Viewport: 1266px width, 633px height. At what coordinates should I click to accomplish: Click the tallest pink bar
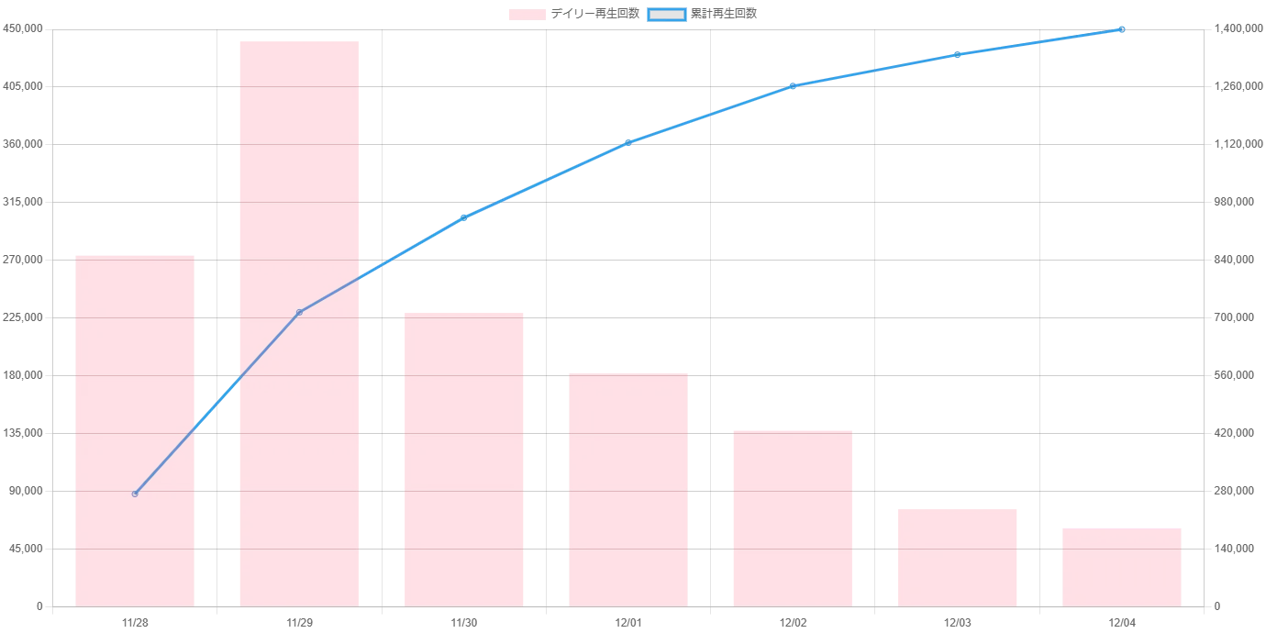pyautogui.click(x=297, y=321)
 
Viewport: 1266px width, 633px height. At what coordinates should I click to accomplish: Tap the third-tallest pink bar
pyautogui.click(x=465, y=459)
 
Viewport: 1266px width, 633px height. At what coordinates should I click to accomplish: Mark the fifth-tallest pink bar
pyautogui.click(x=793, y=517)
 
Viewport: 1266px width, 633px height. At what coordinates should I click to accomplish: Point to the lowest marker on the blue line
pyautogui.click(x=135, y=494)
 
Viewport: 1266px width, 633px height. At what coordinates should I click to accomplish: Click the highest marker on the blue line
pyautogui.click(x=1121, y=30)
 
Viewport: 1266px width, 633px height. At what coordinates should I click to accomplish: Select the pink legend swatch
pyautogui.click(x=527, y=15)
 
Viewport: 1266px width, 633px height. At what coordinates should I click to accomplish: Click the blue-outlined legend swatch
pyautogui.click(x=667, y=15)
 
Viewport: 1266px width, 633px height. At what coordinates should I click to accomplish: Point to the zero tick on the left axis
pyautogui.click(x=39, y=608)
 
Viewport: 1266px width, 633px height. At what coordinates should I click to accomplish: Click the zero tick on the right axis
pyautogui.click(x=1218, y=608)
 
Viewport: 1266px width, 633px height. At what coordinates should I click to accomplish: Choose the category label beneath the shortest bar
pyautogui.click(x=1121, y=624)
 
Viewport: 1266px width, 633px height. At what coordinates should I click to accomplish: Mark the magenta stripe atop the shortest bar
pyautogui.click(x=1121, y=527)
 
